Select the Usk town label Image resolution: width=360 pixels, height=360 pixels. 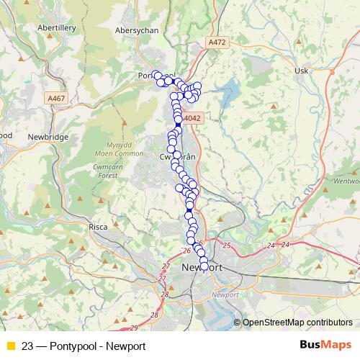click(x=302, y=71)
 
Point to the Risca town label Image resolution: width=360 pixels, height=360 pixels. click(x=98, y=227)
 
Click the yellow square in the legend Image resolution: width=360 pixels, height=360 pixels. click(x=10, y=346)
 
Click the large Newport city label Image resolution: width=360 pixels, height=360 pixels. click(x=202, y=269)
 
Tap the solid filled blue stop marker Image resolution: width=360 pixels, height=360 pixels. click(x=179, y=125)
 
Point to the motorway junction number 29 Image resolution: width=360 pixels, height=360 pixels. click(x=133, y=328)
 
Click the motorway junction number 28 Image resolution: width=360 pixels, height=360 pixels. click(x=165, y=294)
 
